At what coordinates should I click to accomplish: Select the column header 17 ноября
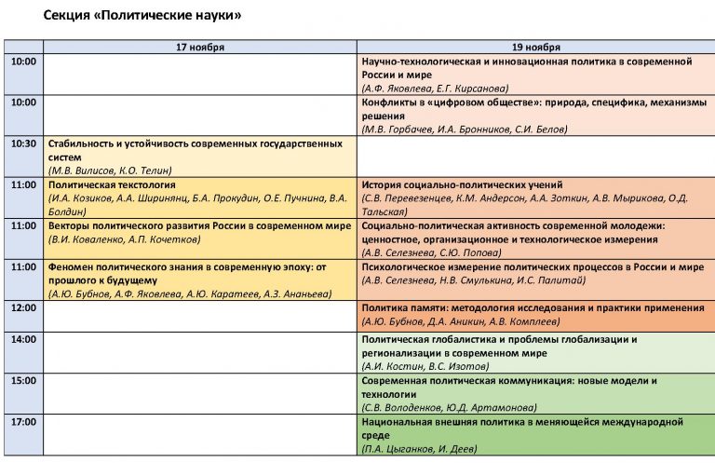point(200,47)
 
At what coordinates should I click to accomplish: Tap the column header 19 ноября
point(535,47)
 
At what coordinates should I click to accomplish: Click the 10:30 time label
point(22,144)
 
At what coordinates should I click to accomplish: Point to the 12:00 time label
point(22,307)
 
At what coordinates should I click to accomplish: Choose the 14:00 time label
point(22,340)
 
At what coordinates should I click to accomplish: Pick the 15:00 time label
point(22,381)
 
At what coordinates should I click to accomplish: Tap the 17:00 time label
point(22,422)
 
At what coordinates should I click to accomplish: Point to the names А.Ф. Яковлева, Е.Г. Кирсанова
point(436,88)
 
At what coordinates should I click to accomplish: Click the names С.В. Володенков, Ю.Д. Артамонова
point(449,408)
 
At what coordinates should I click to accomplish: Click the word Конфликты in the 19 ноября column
point(390,102)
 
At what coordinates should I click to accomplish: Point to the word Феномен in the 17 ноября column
point(73,266)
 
